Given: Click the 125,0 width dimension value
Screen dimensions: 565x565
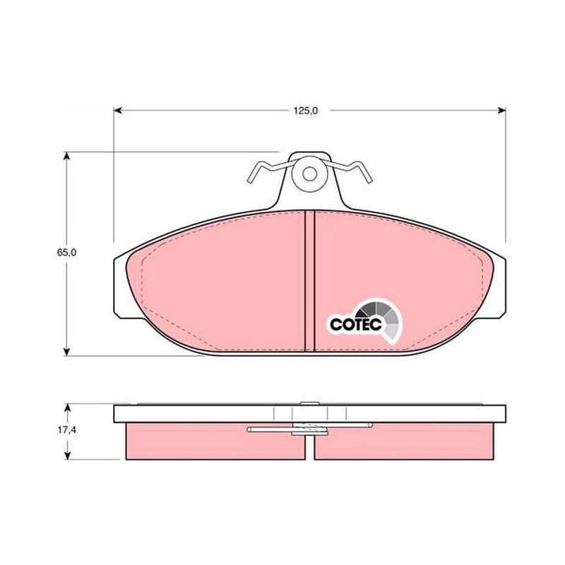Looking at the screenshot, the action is (x=305, y=111).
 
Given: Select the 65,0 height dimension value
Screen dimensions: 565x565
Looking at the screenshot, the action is (x=66, y=253).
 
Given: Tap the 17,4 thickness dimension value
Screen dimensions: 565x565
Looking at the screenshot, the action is (x=66, y=430).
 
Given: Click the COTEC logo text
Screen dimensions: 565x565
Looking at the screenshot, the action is (x=356, y=324).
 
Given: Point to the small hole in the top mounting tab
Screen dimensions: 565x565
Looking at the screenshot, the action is (x=309, y=174).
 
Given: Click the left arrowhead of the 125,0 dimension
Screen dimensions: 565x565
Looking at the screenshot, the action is (x=118, y=110).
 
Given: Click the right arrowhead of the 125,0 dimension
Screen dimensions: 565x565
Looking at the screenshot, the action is (x=501, y=110).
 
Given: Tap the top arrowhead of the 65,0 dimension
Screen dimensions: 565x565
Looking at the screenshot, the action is (x=66, y=156).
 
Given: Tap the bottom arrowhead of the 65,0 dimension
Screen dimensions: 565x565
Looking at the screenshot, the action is (x=66, y=351).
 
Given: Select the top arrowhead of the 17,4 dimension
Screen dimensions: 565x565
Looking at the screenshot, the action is (x=66, y=408).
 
